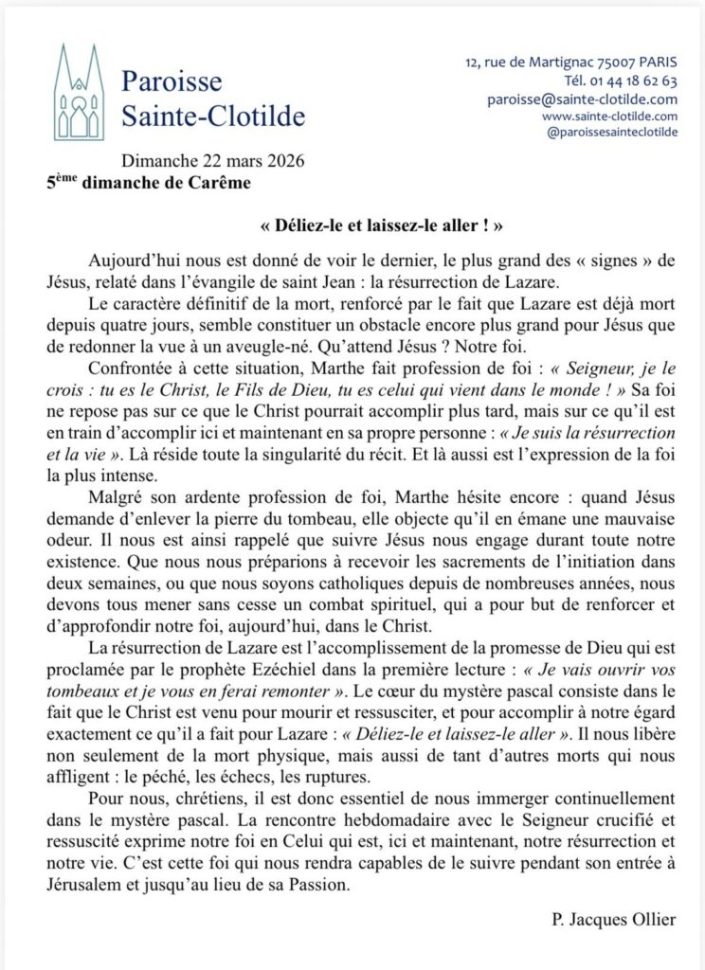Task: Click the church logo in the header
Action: coord(78,92)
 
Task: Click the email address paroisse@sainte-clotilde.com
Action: coord(582,99)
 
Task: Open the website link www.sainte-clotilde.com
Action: coord(609,116)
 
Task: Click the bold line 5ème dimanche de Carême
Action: coord(150,182)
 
